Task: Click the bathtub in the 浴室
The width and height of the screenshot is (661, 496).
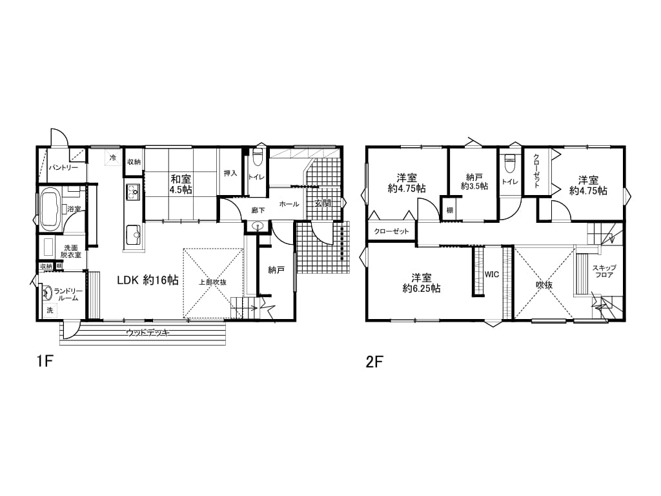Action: (52, 210)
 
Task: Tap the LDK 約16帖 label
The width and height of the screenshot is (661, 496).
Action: (148, 280)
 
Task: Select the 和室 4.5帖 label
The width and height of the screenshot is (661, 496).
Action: (181, 185)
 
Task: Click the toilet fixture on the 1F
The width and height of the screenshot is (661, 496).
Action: (258, 157)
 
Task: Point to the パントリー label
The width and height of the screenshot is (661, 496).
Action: (63, 167)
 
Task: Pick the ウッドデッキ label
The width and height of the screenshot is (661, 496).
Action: (148, 333)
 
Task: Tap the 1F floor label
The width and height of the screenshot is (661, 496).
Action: (43, 362)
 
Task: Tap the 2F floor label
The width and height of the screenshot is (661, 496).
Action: (375, 362)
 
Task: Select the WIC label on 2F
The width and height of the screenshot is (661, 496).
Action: (491, 274)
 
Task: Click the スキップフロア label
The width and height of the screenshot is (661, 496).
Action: (604, 271)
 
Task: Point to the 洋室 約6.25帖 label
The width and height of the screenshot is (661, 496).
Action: (422, 284)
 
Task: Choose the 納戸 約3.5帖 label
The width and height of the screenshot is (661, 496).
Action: (474, 181)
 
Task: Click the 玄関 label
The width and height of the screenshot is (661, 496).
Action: (323, 203)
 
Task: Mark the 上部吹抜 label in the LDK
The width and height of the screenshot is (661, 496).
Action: (213, 282)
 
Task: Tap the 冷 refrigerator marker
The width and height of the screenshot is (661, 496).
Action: (113, 158)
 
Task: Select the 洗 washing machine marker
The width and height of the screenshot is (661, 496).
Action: (50, 310)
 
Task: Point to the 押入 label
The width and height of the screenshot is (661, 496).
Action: (230, 173)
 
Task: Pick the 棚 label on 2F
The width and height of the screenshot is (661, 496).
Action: (450, 210)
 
